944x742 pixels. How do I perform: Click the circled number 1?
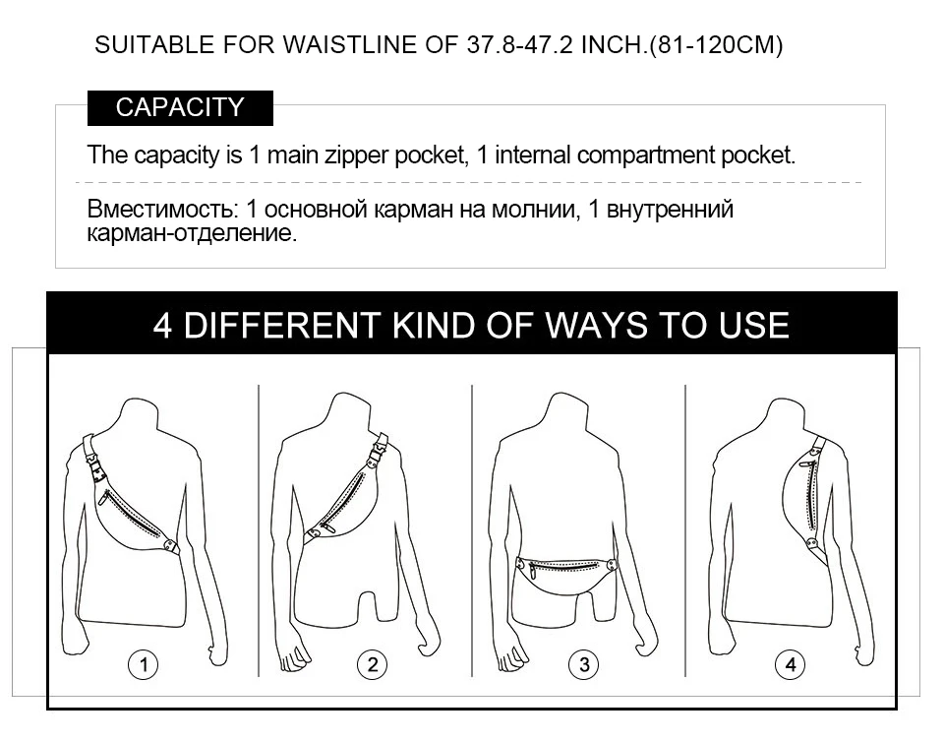click(x=144, y=665)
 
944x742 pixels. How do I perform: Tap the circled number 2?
click(x=373, y=665)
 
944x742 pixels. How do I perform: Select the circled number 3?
click(x=584, y=665)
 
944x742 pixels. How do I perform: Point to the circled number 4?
click(x=791, y=665)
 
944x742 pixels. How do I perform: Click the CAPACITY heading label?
click(x=180, y=108)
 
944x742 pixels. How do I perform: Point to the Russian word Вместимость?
click(x=159, y=209)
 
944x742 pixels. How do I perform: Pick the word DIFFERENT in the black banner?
click(x=282, y=325)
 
